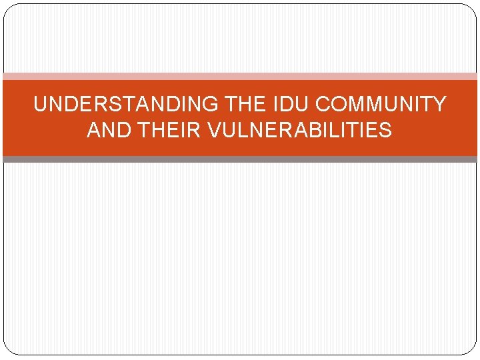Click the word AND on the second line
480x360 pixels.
[x=107, y=130]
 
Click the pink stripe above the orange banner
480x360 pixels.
[x=240, y=76]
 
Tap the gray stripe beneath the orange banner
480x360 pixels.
[x=240, y=159]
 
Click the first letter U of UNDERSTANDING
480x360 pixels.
[x=40, y=105]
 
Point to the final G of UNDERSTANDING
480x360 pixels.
[x=213, y=105]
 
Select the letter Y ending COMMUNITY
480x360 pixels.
[x=440, y=105]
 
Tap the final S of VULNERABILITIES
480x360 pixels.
[x=385, y=130]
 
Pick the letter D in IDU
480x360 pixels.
[x=288, y=105]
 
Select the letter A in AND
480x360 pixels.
[x=93, y=130]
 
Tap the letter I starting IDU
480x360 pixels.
[x=277, y=105]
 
